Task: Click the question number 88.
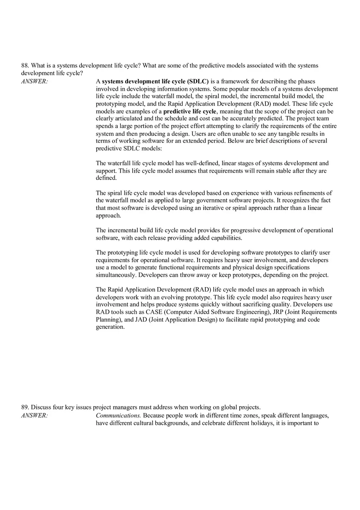[25, 65]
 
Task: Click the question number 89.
[25, 407]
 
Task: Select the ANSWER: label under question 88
[34, 81]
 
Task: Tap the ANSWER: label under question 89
[34, 416]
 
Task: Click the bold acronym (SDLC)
[198, 81]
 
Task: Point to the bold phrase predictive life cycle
[189, 111]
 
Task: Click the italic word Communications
[118, 416]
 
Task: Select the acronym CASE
[154, 312]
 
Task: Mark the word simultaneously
[116, 275]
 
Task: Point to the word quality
[282, 305]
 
